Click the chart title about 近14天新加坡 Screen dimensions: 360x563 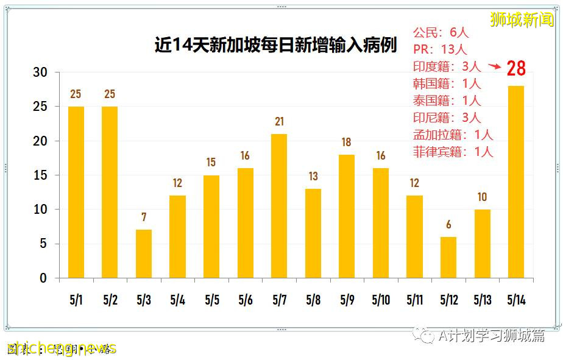point(275,46)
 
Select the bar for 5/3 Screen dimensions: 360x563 point(144,254)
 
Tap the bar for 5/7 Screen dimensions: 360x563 point(279,206)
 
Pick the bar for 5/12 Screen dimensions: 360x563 point(448,257)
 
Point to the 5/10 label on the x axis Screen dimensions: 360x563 point(381,300)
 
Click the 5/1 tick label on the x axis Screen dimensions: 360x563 point(76,300)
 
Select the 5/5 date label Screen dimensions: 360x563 point(212,300)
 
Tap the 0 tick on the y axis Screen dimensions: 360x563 point(43,278)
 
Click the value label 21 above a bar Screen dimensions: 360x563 point(279,122)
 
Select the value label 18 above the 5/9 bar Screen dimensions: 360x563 point(346,143)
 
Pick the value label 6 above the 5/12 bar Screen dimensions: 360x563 point(448,224)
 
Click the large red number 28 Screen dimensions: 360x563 point(515,68)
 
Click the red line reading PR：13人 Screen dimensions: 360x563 point(440,49)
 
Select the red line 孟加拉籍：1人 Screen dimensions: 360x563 point(453,135)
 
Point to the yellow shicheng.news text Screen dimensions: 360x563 point(61,348)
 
